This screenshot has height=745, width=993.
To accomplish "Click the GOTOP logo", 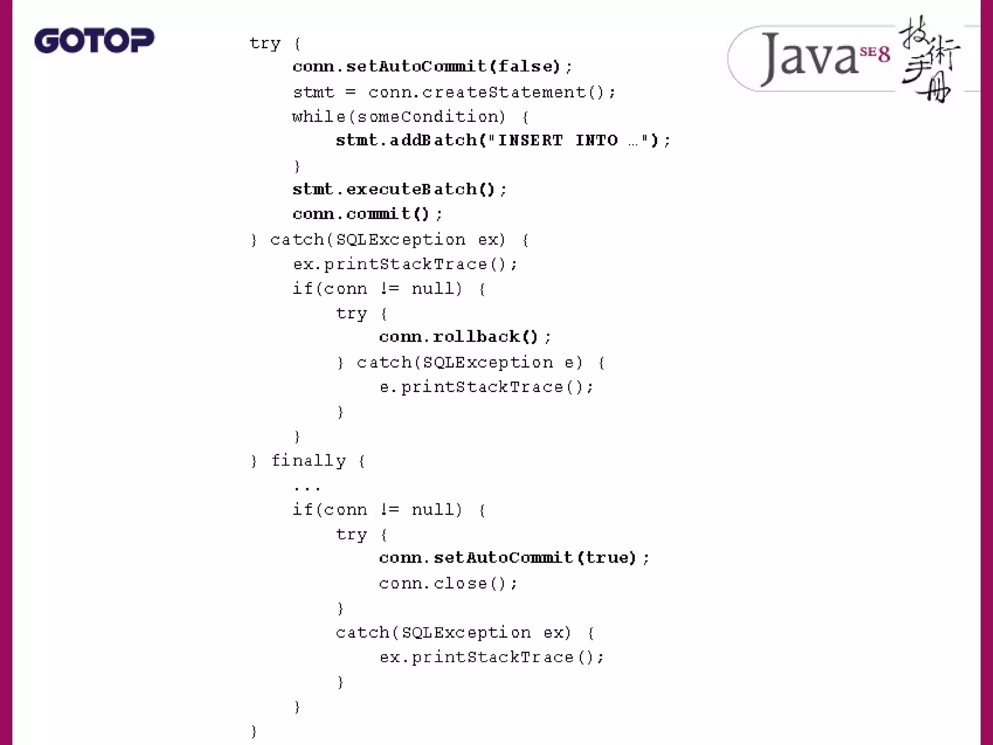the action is (x=94, y=40).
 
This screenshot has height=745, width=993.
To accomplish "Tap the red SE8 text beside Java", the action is (x=876, y=54).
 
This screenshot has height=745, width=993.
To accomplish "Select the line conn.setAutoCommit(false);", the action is (x=432, y=66).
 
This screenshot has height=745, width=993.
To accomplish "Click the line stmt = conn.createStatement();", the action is (x=454, y=92).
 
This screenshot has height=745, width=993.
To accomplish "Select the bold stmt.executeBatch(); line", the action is (x=400, y=189).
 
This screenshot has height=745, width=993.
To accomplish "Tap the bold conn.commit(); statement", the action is (x=368, y=214).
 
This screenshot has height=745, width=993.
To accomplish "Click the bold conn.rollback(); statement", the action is (x=464, y=337).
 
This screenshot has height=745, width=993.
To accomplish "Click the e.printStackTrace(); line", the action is (x=486, y=387).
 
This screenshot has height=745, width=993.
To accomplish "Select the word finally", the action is (x=308, y=460).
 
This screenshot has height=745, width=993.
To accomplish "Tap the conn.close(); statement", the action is (x=448, y=583).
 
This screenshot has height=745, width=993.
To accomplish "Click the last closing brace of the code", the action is (x=254, y=731).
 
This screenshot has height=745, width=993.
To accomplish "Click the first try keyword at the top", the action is (x=265, y=44).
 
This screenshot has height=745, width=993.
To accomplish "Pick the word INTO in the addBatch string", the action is (x=596, y=141).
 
